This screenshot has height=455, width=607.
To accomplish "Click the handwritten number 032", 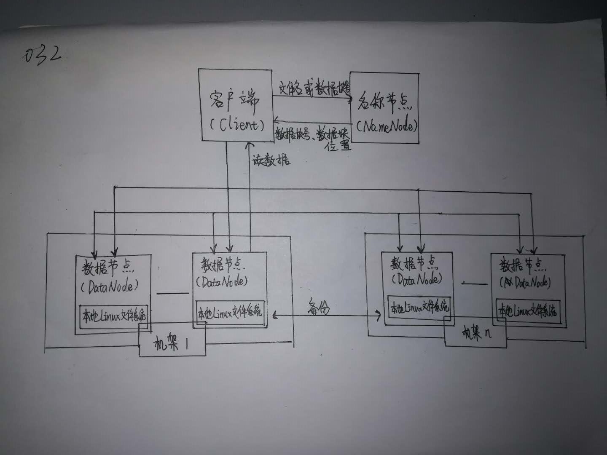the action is coord(43,55).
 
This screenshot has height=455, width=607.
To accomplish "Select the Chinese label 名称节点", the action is coord(384,101).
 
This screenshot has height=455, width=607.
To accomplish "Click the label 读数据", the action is coord(271,160).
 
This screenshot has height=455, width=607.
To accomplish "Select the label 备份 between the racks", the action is coord(318,308).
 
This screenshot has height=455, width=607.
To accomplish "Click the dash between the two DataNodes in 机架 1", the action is coord(172,293).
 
